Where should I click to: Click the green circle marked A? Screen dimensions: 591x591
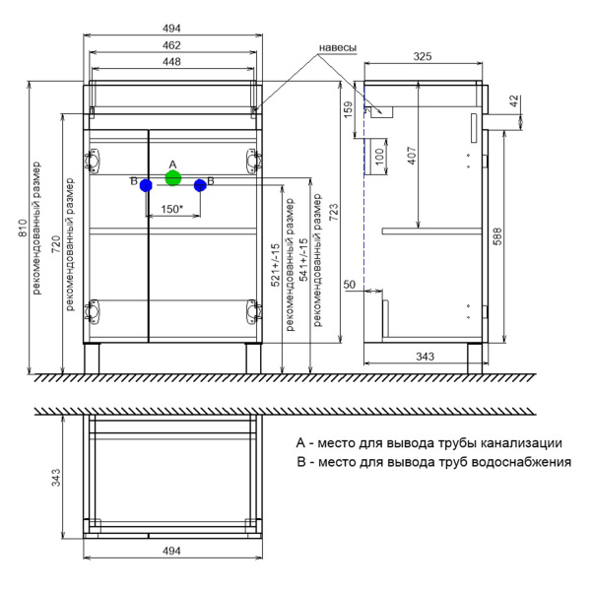(173, 178)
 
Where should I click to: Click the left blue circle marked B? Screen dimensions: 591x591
(146, 184)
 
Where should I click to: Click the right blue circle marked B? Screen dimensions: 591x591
(200, 184)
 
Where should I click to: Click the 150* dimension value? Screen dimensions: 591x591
(172, 209)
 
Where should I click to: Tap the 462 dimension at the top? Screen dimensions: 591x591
(172, 44)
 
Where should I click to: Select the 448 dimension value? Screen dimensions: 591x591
(172, 61)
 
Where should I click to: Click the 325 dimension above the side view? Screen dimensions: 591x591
(423, 57)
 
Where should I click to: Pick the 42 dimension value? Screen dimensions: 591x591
(514, 101)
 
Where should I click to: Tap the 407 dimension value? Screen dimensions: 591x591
(412, 156)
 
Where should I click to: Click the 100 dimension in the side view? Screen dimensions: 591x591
(377, 158)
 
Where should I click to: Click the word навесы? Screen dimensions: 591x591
(337, 48)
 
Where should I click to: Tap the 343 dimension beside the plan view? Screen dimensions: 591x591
(57, 478)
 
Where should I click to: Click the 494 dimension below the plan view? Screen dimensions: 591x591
(172, 551)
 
